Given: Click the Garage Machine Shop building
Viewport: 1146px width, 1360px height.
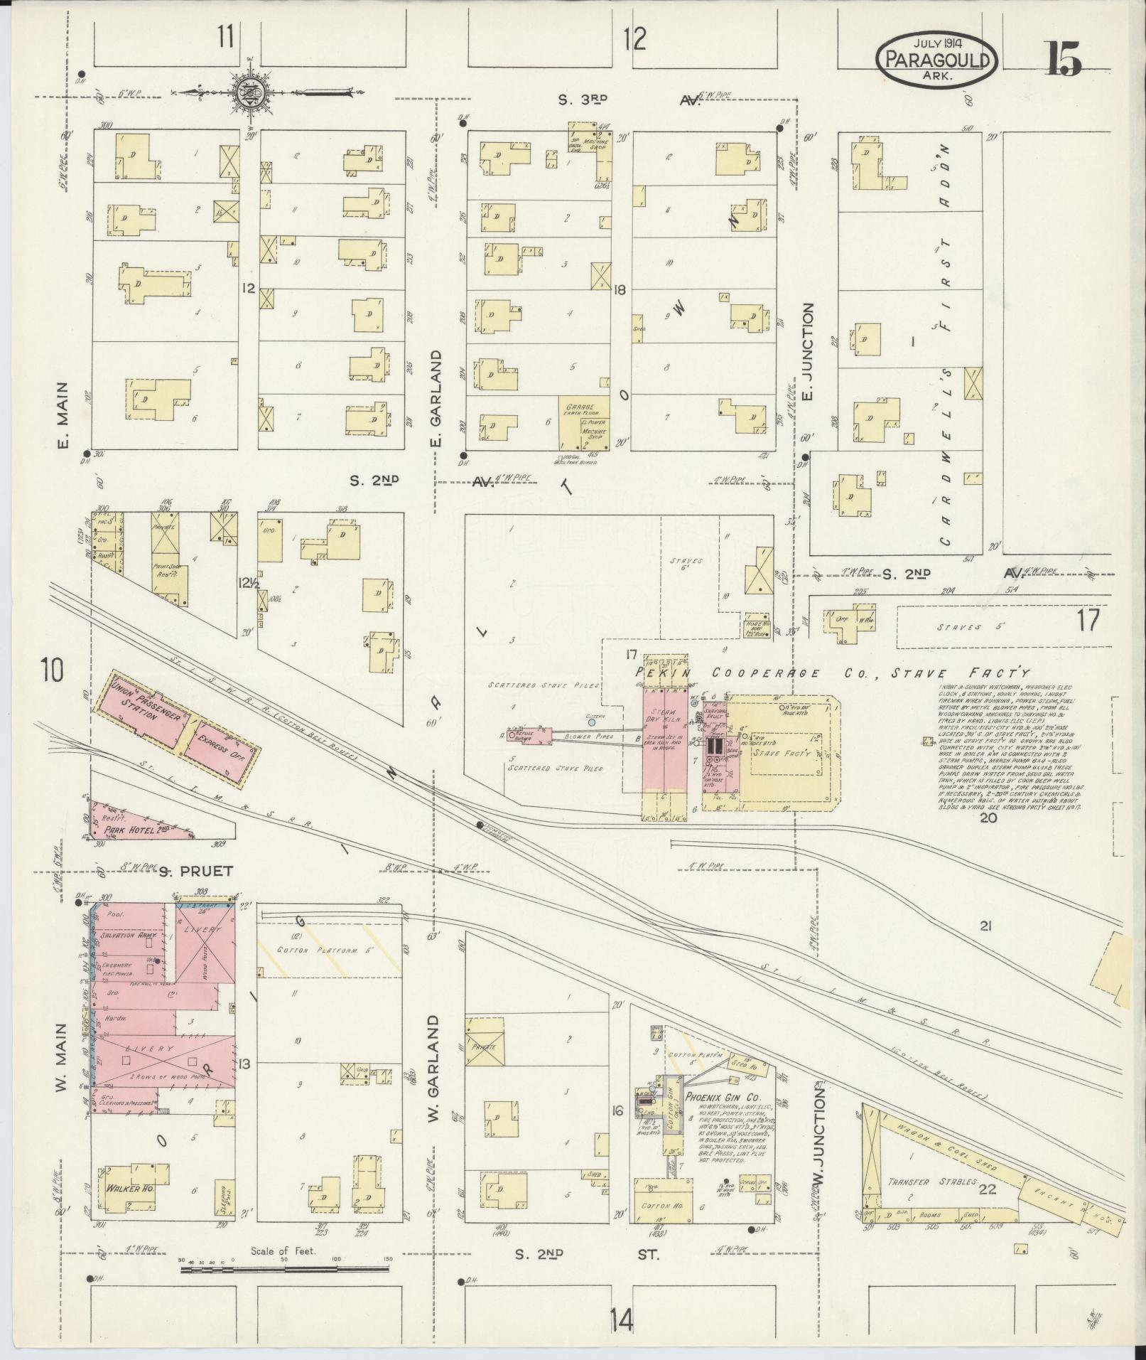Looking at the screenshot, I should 583,424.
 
